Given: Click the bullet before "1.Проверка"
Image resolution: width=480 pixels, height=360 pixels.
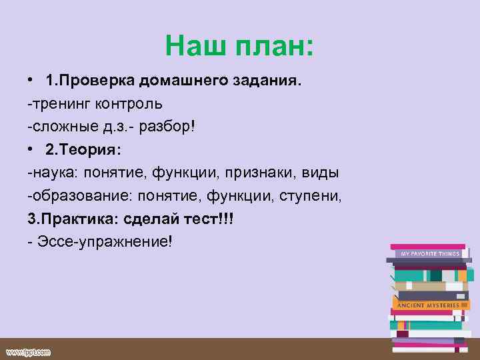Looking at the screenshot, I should click(x=31, y=81).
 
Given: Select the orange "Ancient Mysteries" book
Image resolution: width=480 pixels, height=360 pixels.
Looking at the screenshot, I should click(x=428, y=305).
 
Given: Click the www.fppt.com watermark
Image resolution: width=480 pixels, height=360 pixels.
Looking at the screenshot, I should click(x=29, y=351).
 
